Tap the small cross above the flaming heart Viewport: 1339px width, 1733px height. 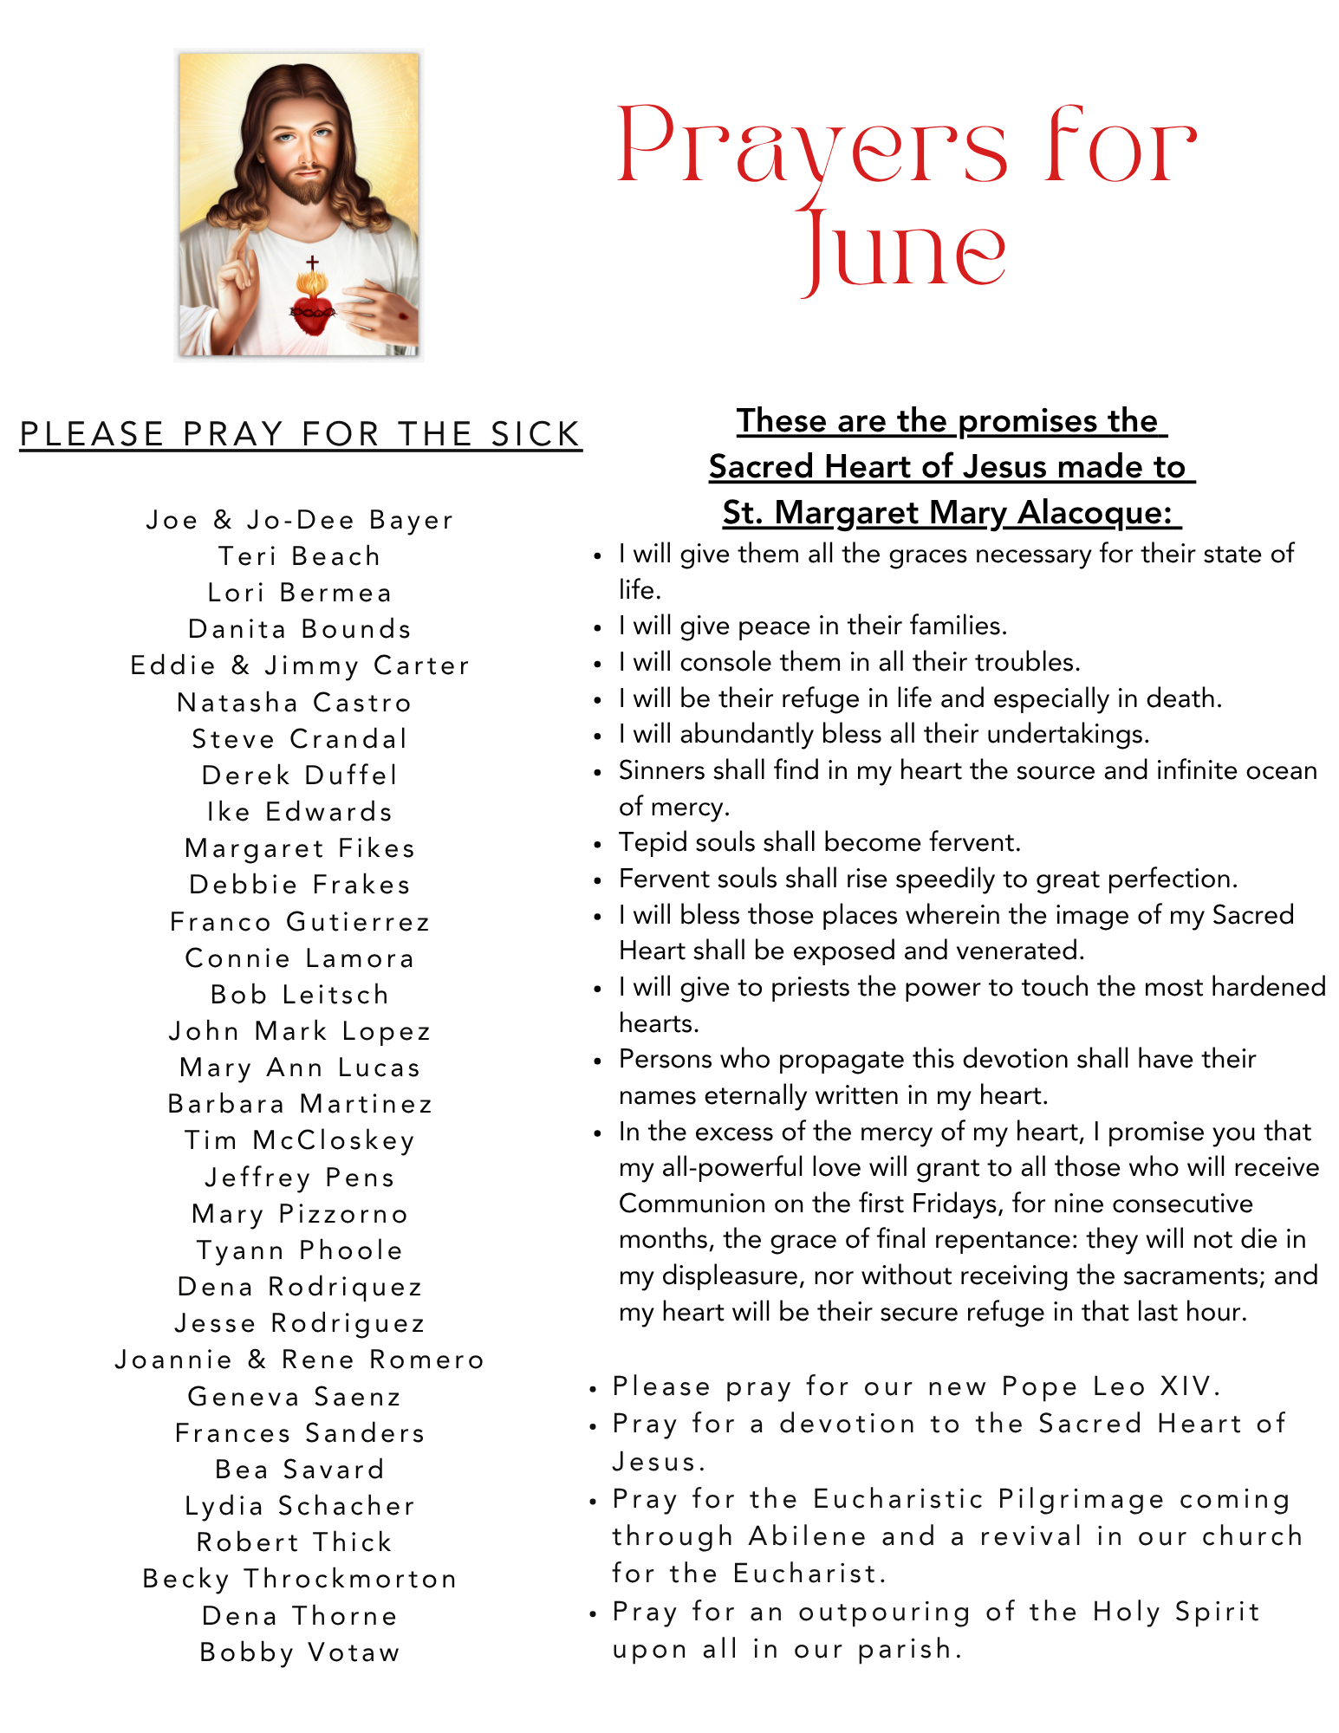click(312, 262)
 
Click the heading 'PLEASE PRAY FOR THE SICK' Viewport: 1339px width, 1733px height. click(301, 434)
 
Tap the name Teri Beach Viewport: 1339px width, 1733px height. click(300, 556)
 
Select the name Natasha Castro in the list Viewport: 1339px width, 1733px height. click(295, 703)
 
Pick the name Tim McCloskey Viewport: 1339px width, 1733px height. click(300, 1140)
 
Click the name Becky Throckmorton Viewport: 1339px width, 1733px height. click(300, 1579)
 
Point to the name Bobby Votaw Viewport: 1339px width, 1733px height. click(300, 1652)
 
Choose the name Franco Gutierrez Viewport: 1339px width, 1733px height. click(300, 922)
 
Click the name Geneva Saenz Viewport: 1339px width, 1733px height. click(295, 1397)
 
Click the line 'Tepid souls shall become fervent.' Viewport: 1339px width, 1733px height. click(820, 842)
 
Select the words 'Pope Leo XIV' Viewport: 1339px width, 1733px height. click(1109, 1386)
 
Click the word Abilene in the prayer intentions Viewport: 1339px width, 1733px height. click(808, 1536)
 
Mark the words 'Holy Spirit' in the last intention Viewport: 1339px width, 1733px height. click(1176, 1612)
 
